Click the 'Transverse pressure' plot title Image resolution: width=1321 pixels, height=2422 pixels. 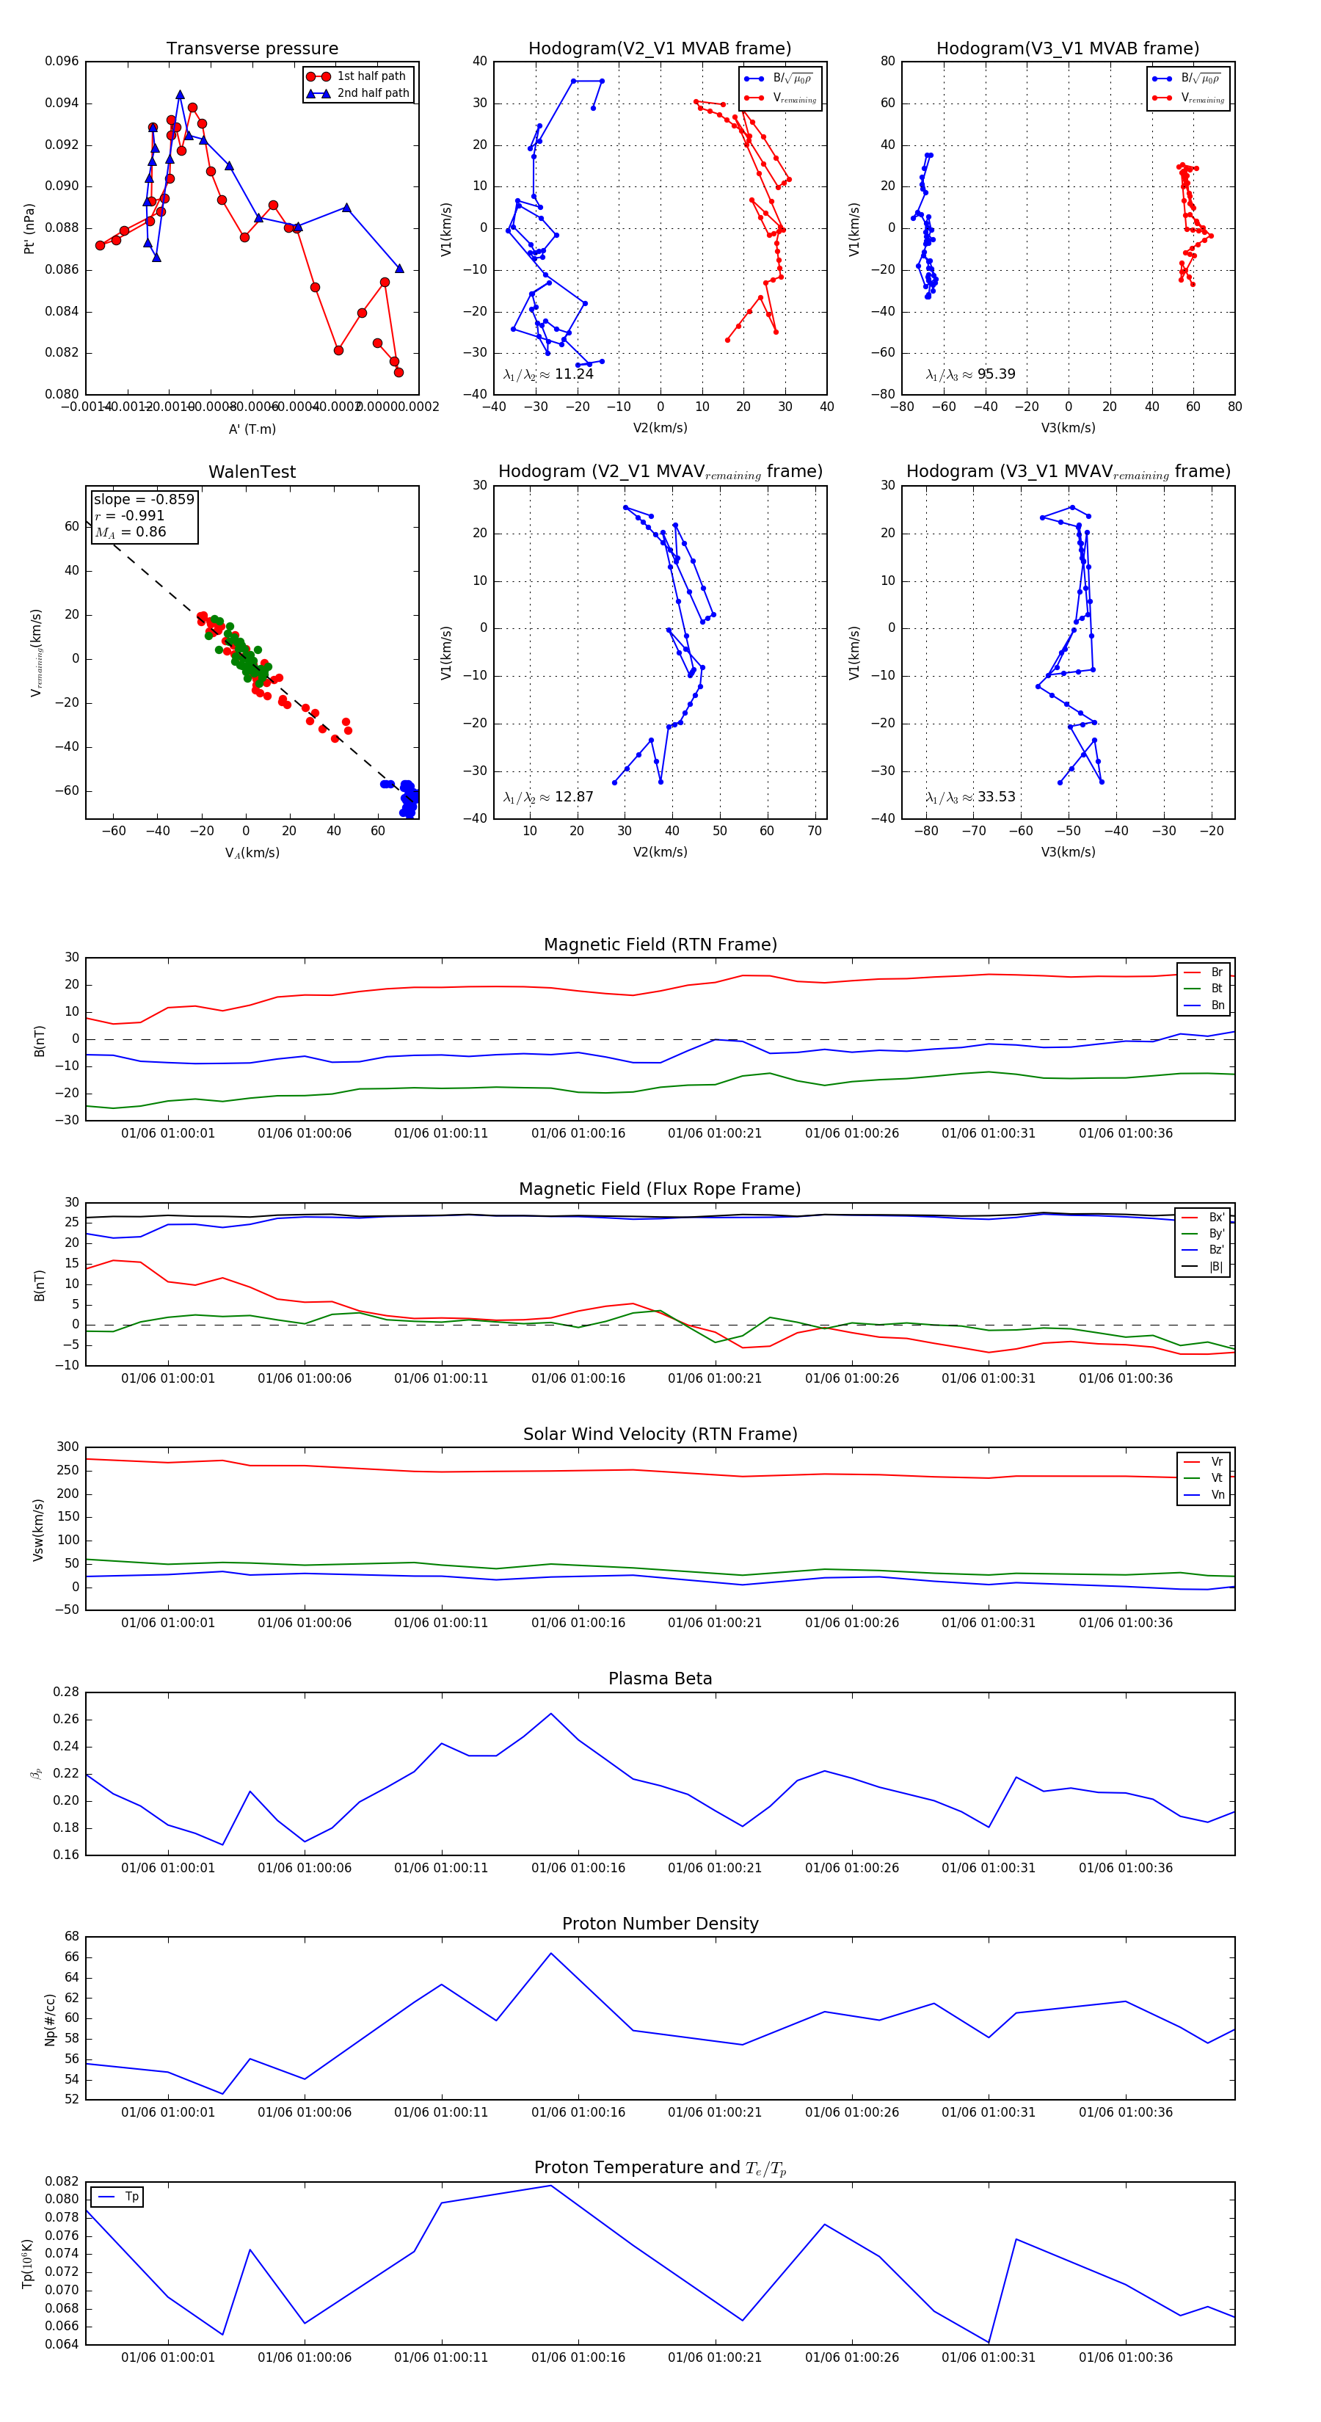pyautogui.click(x=252, y=49)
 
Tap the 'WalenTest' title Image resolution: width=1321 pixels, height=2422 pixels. pyautogui.click(x=252, y=472)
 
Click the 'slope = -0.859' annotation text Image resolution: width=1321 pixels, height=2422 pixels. pyautogui.click(x=144, y=499)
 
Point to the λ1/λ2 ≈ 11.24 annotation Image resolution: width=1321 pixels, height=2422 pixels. pyautogui.click(x=548, y=374)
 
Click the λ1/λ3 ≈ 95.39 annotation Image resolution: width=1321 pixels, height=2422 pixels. pyautogui.click(x=970, y=374)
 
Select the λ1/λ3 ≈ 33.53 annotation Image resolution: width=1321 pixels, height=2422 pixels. pyautogui.click(x=970, y=797)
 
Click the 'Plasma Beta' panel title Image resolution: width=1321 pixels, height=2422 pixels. pyautogui.click(x=660, y=1679)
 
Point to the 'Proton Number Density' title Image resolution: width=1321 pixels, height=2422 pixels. pyautogui.click(x=660, y=1924)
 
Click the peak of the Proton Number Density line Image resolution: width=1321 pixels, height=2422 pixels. pyautogui.click(x=551, y=1954)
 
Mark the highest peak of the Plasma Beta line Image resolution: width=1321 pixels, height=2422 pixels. pyautogui.click(x=551, y=1713)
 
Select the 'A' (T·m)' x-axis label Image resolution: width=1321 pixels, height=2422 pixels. pyautogui.click(x=252, y=429)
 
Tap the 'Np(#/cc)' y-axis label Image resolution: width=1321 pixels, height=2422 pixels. pyautogui.click(x=51, y=2018)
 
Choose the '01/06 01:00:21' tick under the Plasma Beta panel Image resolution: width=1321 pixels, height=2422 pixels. pyautogui.click(x=715, y=1867)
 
